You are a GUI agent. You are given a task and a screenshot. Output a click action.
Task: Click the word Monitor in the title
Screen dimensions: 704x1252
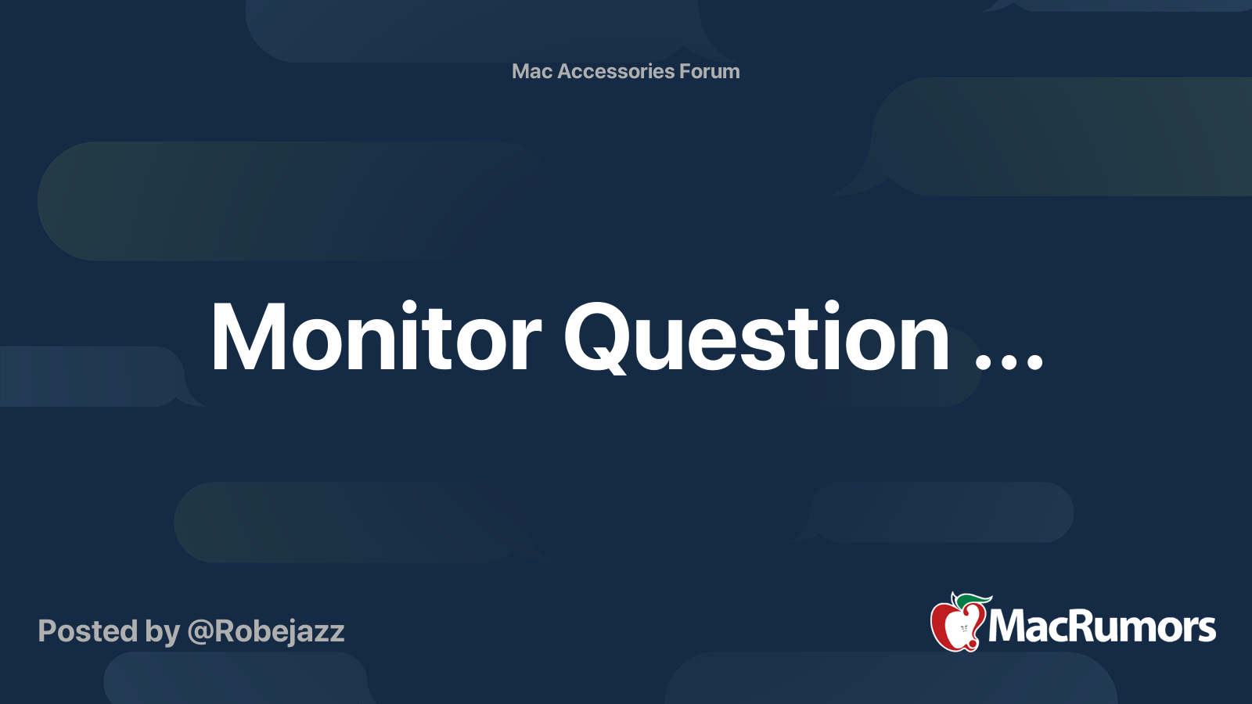[x=376, y=338]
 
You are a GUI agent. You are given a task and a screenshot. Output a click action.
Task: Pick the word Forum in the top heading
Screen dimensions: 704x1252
[x=709, y=71]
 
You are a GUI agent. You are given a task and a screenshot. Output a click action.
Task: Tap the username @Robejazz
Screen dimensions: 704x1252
[x=266, y=631]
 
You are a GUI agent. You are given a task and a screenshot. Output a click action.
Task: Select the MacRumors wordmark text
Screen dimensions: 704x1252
[x=1102, y=627]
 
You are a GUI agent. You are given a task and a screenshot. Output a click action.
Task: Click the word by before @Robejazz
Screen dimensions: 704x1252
[x=162, y=632]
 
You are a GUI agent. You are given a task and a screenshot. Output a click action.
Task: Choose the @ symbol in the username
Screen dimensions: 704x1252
[x=200, y=632]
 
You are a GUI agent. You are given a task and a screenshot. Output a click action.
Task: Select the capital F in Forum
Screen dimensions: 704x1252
[x=685, y=71]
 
